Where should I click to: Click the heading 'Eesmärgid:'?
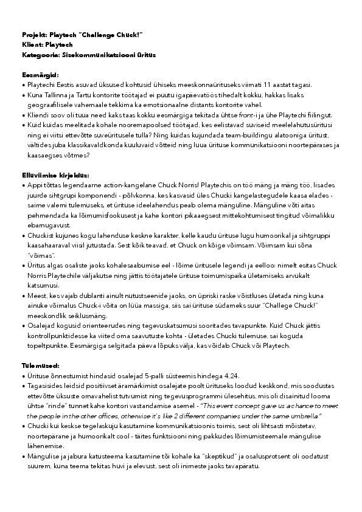pyautogui.click(x=40, y=74)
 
